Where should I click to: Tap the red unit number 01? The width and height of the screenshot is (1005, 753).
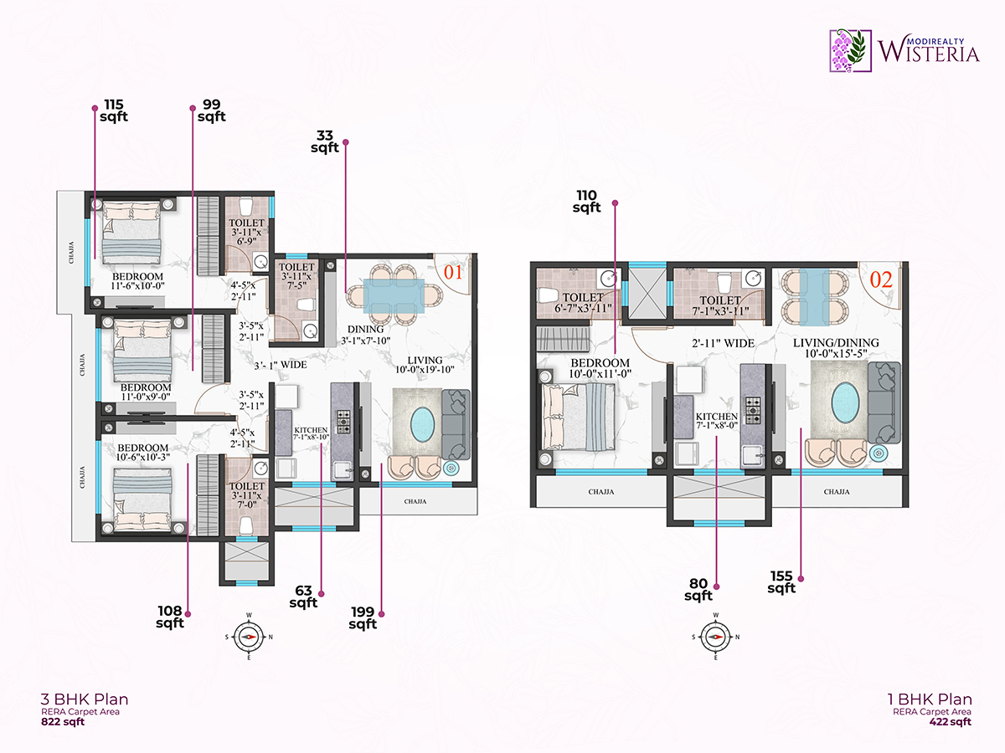point(453,272)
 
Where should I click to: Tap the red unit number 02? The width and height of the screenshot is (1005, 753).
point(882,280)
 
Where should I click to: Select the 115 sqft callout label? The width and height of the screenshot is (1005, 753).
point(114,110)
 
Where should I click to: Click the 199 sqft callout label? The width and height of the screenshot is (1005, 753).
point(363,617)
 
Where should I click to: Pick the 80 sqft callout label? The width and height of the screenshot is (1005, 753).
point(698,590)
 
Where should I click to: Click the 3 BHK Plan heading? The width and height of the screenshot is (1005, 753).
point(85,699)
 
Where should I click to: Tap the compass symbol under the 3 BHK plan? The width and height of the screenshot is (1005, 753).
point(249,636)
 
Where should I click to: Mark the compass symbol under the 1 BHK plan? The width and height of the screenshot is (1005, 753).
point(715,636)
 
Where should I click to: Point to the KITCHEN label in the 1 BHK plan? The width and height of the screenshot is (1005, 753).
point(717,417)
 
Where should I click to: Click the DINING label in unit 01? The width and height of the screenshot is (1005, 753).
point(361,329)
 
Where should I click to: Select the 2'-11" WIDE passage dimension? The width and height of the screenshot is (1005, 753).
point(724,343)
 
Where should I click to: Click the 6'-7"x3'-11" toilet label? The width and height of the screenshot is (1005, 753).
point(583,303)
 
